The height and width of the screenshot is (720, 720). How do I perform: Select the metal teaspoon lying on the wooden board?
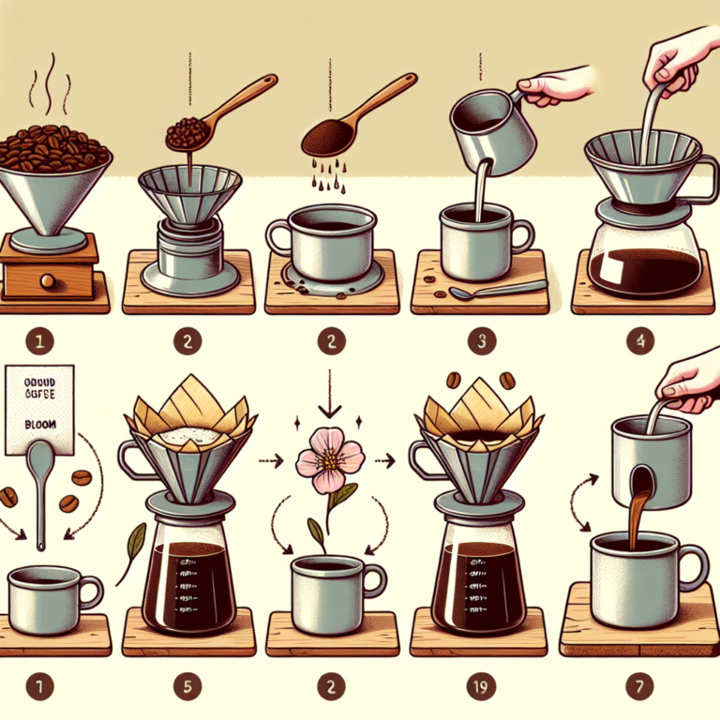478,292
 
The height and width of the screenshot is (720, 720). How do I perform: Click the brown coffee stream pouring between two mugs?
640,506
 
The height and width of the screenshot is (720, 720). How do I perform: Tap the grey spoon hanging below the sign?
40,487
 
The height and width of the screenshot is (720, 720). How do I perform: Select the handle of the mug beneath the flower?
374,581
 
